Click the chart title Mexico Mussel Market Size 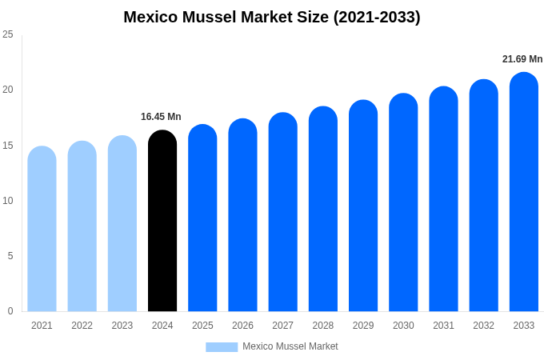tap(272, 17)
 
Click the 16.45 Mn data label tap(161, 117)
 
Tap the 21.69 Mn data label tap(522, 59)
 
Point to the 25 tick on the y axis tap(8, 34)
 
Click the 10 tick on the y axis tap(8, 200)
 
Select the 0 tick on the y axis tap(10, 311)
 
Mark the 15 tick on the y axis tap(8, 145)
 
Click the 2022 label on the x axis tap(82, 326)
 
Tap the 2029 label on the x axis tap(363, 326)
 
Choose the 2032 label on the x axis tap(483, 326)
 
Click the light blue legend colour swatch tap(222, 347)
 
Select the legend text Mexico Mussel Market tap(290, 346)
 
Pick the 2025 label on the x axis tap(202, 326)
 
